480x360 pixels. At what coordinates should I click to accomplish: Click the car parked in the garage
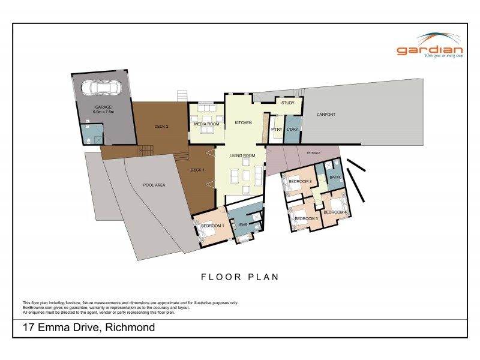coord(100,88)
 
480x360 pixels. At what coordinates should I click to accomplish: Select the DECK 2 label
coord(161,126)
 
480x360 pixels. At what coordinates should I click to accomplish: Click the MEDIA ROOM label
coord(206,124)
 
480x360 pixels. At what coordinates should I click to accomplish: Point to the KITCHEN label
coord(243,122)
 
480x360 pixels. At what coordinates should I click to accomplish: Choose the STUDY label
coord(287,103)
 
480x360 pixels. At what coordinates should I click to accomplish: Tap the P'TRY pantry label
coord(277,130)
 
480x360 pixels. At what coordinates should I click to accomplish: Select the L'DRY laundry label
coord(293,130)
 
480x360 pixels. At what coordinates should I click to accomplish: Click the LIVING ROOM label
coord(242,155)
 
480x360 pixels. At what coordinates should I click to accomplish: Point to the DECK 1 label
coord(197,170)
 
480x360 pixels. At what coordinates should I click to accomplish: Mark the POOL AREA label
coord(154,185)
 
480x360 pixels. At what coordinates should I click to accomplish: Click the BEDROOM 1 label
coord(212,226)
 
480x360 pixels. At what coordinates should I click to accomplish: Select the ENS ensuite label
coord(243,225)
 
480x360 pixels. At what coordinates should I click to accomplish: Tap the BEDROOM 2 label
coord(300,181)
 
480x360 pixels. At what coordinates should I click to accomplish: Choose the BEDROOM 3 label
coord(306,218)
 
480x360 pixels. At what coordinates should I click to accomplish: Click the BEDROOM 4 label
coord(335,212)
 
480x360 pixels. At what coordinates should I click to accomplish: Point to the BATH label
coord(334,177)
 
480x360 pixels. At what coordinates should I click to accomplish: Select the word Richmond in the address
coord(130,328)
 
